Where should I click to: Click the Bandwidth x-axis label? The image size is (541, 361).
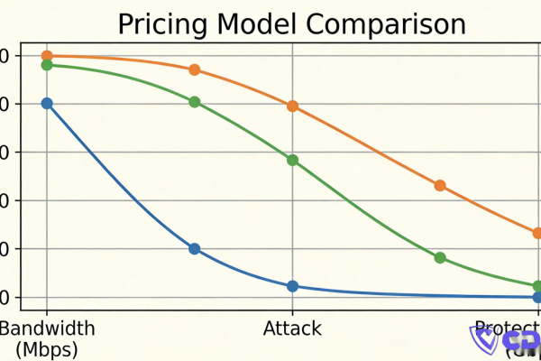click(x=47, y=329)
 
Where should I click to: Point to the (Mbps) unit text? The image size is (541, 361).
click(x=47, y=348)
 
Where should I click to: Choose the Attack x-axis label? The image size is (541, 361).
click(x=292, y=329)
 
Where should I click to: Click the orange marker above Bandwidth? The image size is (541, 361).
click(x=47, y=56)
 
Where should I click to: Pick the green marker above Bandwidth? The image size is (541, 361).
click(x=47, y=65)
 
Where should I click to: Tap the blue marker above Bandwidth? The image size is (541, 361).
click(x=47, y=104)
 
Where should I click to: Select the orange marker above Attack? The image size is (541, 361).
click(x=292, y=106)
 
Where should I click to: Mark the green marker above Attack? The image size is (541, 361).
click(x=292, y=161)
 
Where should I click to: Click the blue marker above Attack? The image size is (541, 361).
click(x=292, y=286)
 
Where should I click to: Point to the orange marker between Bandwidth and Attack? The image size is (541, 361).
click(x=194, y=70)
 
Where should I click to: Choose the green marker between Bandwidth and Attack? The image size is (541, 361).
click(x=194, y=102)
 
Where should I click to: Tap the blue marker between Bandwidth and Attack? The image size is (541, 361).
click(x=194, y=248)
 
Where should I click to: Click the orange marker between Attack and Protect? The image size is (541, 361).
click(x=440, y=186)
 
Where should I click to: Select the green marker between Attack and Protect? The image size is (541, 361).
click(x=440, y=257)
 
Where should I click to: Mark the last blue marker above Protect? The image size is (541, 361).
click(x=537, y=297)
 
